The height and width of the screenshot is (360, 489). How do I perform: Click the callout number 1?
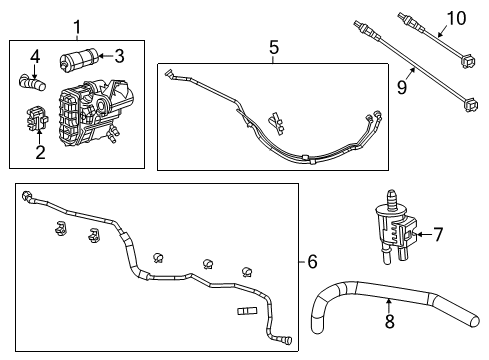point(76,26)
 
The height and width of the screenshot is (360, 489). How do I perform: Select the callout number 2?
point(40,153)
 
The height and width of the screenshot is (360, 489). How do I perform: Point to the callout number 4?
point(34,55)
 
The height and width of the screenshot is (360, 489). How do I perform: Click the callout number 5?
point(274,46)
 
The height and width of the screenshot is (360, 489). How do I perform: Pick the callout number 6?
point(312,261)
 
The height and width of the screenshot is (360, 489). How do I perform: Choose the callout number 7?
point(436,236)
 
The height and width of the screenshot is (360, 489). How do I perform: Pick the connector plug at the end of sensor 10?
point(465,59)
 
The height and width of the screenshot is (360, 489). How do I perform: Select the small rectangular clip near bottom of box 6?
point(244,312)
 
